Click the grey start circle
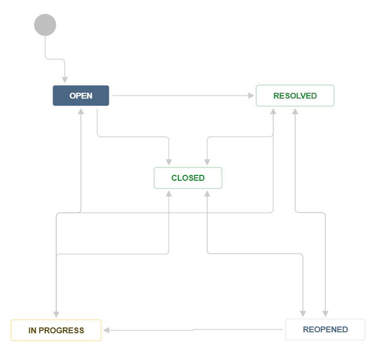pyautogui.click(x=45, y=25)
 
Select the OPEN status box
pyautogui.click(x=81, y=96)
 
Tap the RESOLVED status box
pyautogui.click(x=295, y=96)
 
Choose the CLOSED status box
pyautogui.click(x=188, y=178)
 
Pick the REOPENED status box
pyautogui.click(x=325, y=329)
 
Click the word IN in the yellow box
pyautogui.click(x=32, y=330)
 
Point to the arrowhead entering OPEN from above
pyautogui.click(x=65, y=80)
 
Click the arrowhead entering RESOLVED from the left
pyautogui.click(x=252, y=96)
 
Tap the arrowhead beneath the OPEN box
pyautogui.click(x=81, y=111)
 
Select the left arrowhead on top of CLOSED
pyautogui.click(x=169, y=162)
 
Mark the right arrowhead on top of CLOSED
pyautogui.click(x=207, y=162)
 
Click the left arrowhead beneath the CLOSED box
pyautogui.click(x=169, y=193)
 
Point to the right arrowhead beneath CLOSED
pyautogui.click(x=207, y=193)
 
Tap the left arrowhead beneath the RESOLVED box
pyautogui.click(x=273, y=111)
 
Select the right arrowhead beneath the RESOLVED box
pyautogui.click(x=295, y=111)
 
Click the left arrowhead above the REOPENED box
pyautogui.click(x=303, y=313)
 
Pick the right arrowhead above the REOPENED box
pyautogui.click(x=325, y=313)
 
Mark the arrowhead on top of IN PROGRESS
pyautogui.click(x=56, y=314)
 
